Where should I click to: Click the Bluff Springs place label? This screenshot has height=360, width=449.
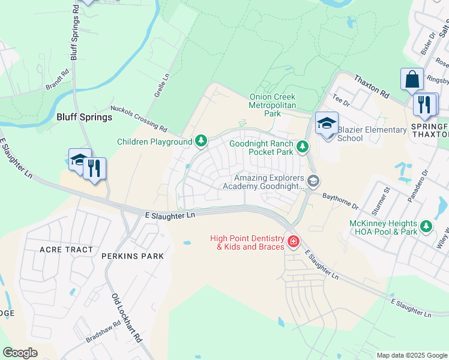[84, 117]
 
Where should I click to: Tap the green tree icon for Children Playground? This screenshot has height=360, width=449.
[201, 142]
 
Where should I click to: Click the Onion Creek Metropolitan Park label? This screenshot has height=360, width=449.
[273, 105]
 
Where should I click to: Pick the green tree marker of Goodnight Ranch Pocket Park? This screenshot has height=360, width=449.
[303, 146]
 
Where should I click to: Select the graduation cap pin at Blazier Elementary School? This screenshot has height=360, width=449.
[327, 124]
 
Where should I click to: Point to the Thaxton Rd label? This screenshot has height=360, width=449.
[372, 88]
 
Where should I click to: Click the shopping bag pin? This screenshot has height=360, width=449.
[412, 80]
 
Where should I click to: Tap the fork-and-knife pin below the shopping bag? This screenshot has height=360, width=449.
[426, 104]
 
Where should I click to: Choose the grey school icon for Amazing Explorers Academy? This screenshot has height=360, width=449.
[313, 181]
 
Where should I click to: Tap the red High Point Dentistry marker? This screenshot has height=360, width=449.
[293, 242]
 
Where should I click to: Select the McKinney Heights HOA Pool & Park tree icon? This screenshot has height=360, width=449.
[426, 226]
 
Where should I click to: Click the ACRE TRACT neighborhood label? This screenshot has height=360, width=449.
[66, 249]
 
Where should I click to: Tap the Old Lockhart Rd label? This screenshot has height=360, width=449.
[127, 317]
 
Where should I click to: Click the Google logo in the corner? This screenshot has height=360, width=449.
[20, 353]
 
